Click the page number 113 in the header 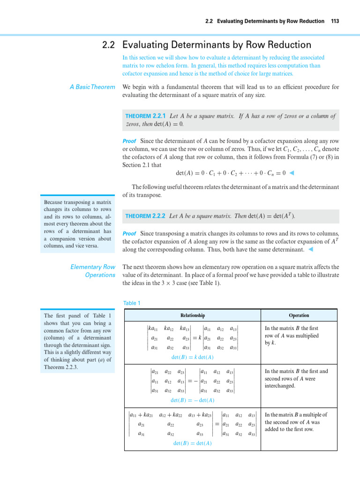(335, 21)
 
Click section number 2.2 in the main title (109, 45)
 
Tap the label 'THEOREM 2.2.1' (145, 116)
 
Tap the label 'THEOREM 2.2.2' (145, 216)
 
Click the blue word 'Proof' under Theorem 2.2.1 (129, 141)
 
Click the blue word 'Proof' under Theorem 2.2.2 (129, 233)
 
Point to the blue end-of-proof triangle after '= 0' (292, 173)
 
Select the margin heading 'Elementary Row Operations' (93, 271)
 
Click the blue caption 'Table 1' (131, 303)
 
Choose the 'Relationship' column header (192, 315)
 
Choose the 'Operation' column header (299, 315)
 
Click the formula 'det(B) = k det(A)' (193, 357)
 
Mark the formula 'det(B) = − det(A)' (193, 400)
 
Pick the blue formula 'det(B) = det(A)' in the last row (192, 443)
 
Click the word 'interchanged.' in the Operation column (280, 386)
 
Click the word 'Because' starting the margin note (54, 202)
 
